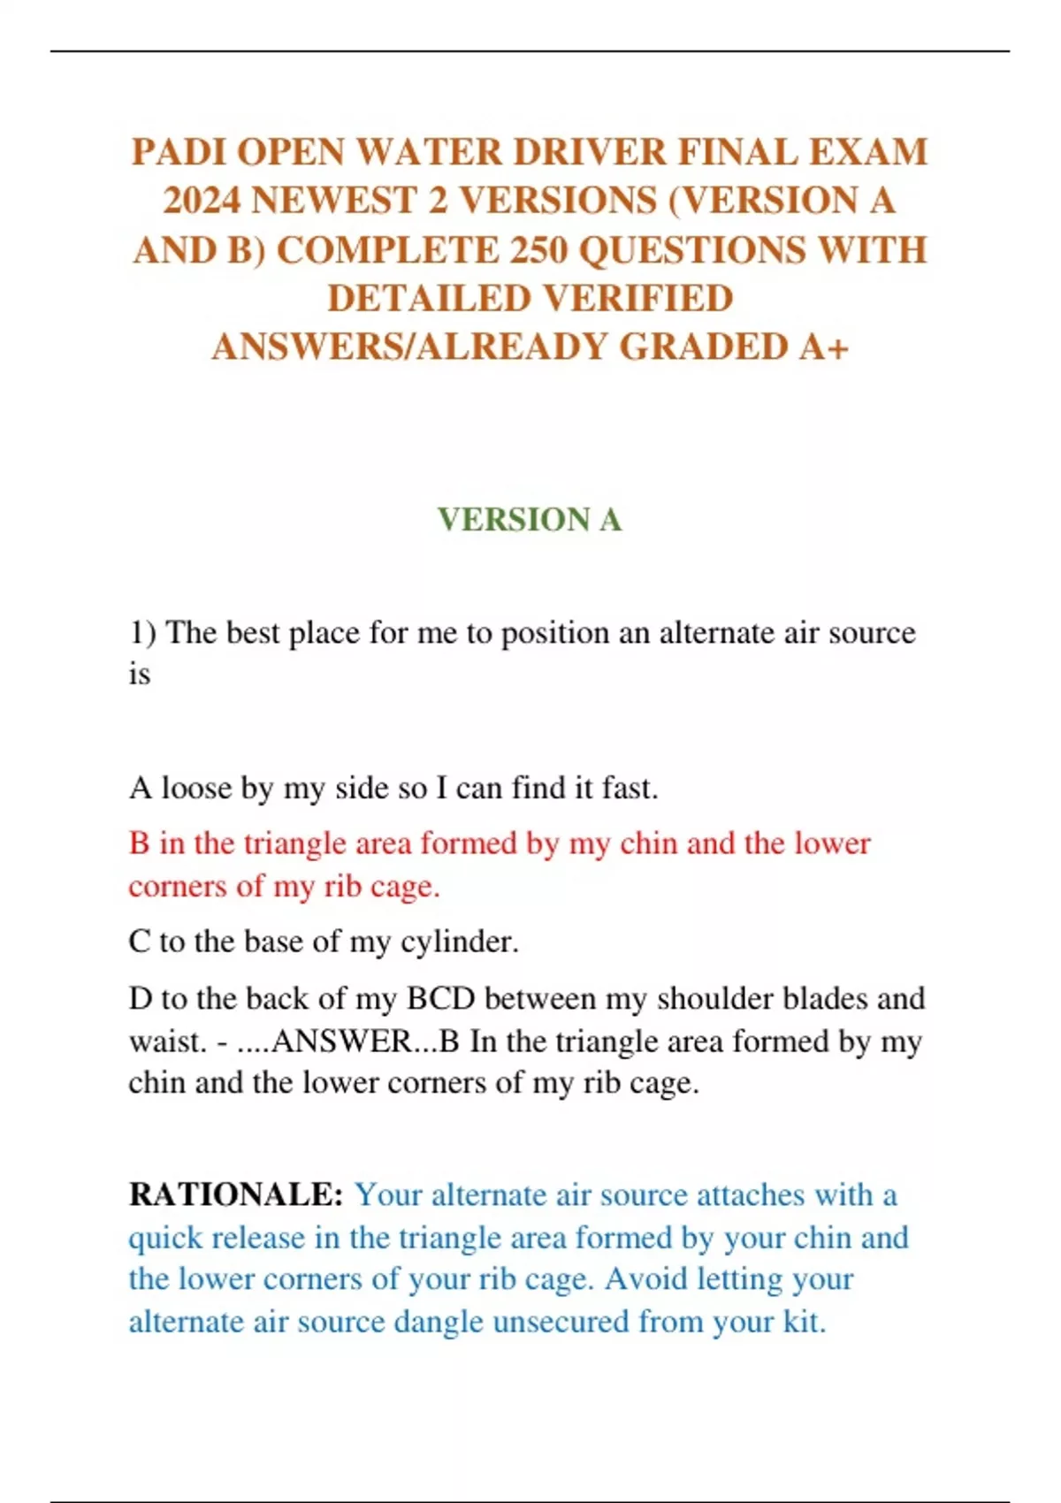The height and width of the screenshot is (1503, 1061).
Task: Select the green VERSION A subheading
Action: coord(530,519)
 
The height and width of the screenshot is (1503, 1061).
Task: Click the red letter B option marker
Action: coord(139,843)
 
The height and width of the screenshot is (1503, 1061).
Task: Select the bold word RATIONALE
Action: coord(236,1195)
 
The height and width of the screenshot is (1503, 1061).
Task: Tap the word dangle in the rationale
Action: coord(439,1323)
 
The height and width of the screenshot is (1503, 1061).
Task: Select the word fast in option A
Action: coord(629,788)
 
